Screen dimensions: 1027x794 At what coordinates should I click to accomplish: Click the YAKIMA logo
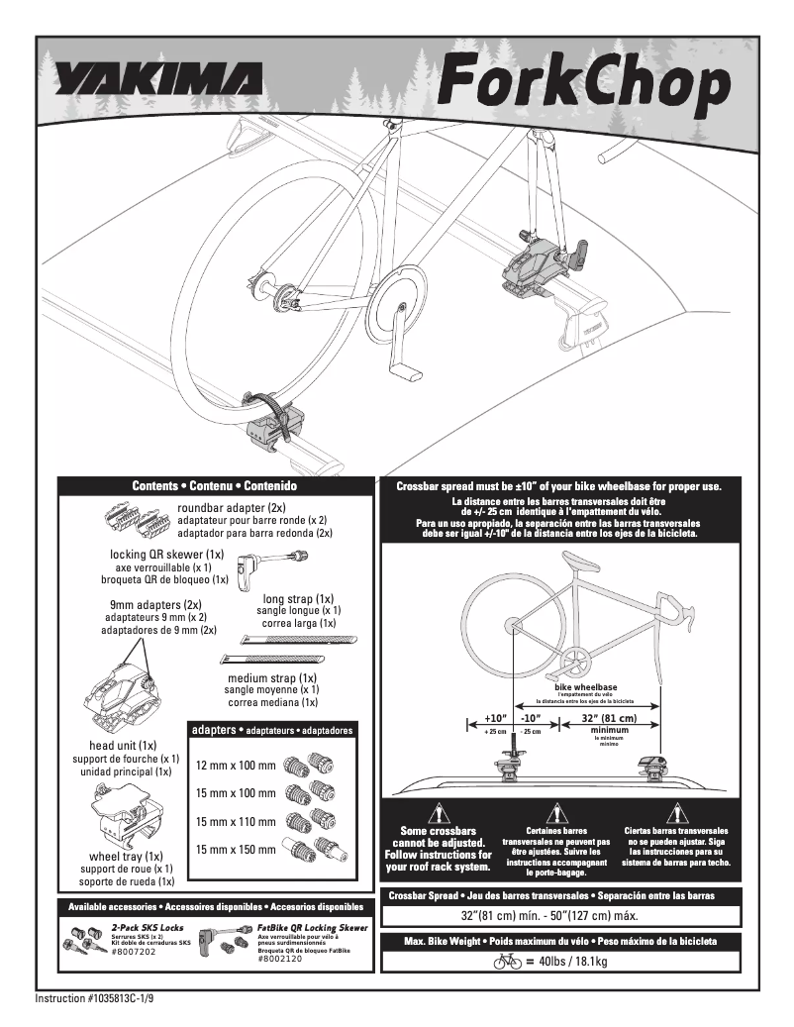(x=158, y=78)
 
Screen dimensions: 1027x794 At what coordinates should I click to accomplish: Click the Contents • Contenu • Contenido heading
(x=215, y=486)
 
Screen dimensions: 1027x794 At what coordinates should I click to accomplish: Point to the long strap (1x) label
(x=298, y=599)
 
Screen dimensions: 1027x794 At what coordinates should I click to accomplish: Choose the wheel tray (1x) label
(x=127, y=856)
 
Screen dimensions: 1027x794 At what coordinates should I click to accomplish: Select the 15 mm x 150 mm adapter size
(x=235, y=849)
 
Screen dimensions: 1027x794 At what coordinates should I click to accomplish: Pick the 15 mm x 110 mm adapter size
(x=235, y=821)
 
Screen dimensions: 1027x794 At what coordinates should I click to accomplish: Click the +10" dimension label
(x=495, y=718)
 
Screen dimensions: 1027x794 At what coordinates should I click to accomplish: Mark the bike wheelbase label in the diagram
(x=585, y=686)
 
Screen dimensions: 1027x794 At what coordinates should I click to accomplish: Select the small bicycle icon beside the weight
(x=507, y=961)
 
